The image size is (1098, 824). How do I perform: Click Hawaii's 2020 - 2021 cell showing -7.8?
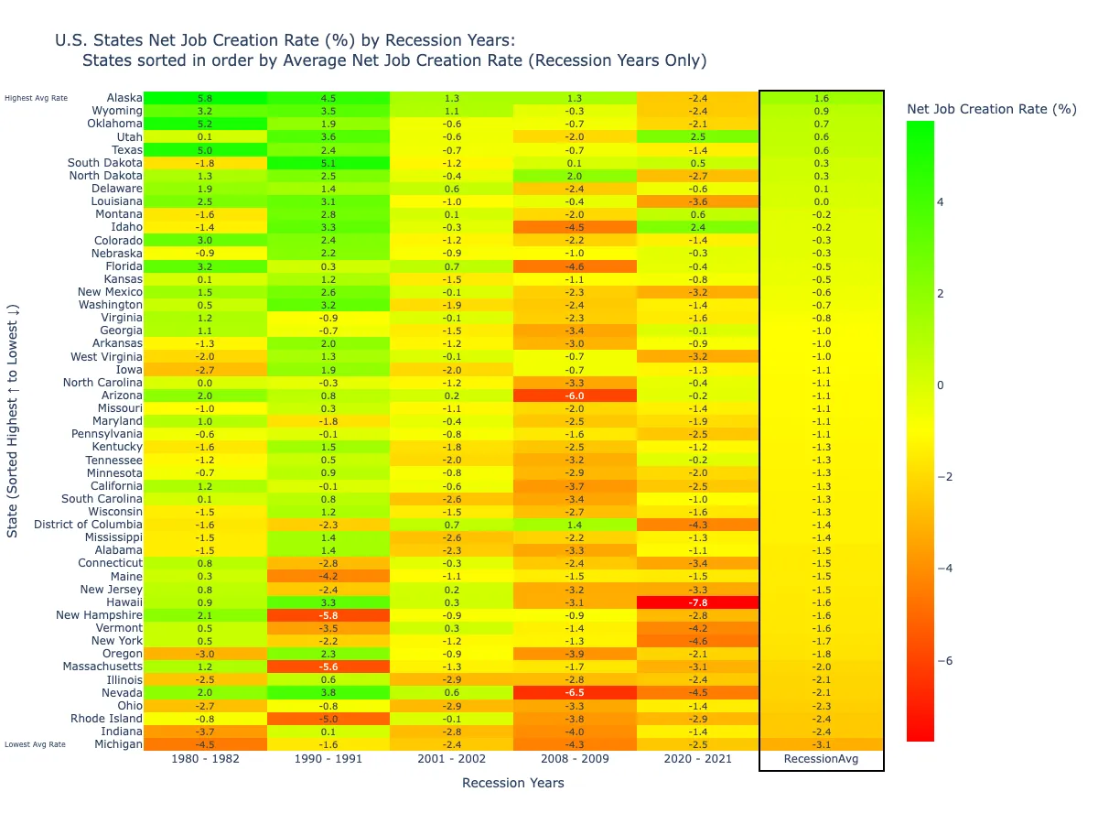pos(698,602)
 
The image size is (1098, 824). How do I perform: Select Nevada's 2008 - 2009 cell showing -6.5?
pos(575,693)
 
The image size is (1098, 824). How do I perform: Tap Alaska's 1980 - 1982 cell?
pos(205,98)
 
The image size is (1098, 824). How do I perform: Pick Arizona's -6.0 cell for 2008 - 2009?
pos(575,396)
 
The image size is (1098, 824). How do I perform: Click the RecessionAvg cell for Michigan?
pos(821,744)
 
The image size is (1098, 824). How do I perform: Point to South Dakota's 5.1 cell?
pos(328,163)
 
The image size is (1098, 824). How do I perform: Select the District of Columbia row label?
pos(88,525)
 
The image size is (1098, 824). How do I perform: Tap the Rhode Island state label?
pos(107,719)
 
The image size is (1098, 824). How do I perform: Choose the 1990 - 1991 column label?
pos(328,759)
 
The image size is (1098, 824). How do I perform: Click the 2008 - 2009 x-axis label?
pos(575,759)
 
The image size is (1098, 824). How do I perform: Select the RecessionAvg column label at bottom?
pos(821,759)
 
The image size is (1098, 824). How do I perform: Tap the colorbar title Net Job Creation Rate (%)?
pos(991,109)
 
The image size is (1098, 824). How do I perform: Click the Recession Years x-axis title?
pos(512,783)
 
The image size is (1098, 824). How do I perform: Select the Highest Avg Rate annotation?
pos(36,98)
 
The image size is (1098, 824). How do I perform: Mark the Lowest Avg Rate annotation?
pos(35,744)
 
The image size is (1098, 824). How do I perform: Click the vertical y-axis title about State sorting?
pos(13,421)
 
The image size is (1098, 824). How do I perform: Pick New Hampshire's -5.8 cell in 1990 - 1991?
pos(328,615)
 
